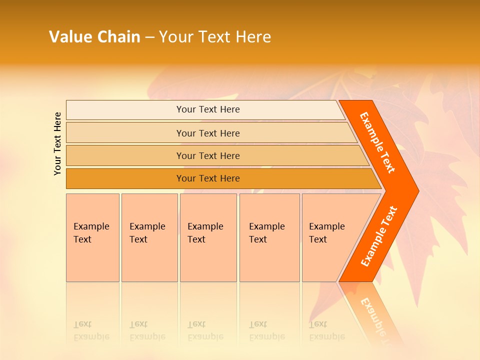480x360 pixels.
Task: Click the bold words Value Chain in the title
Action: [x=94, y=36]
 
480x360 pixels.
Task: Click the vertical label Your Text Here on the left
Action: [x=57, y=143]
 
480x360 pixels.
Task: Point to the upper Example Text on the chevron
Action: [x=377, y=142]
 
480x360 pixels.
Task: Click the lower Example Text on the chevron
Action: [x=379, y=236]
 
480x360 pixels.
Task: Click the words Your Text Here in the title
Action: [x=215, y=36]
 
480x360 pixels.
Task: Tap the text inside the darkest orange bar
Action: [x=208, y=178]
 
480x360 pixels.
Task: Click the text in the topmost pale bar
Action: [x=208, y=109]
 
